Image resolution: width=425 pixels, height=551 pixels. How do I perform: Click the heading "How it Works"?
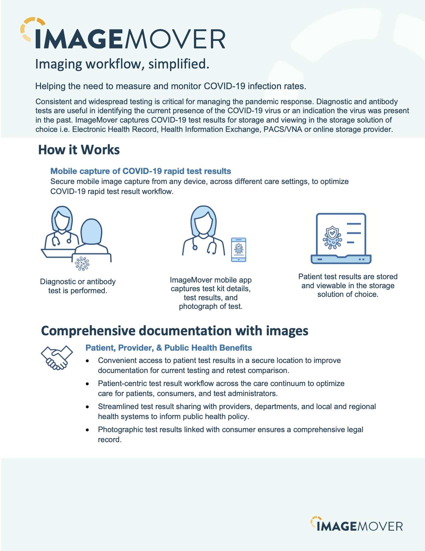pyautogui.click(x=79, y=150)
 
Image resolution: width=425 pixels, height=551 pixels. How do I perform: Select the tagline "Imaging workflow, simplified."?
pyautogui.click(x=122, y=64)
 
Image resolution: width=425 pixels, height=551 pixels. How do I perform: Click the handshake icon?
pyautogui.click(x=57, y=357)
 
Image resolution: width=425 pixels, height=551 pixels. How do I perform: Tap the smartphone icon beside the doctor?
pyautogui.click(x=239, y=250)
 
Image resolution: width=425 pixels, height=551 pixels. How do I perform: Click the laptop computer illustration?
pyautogui.click(x=341, y=238)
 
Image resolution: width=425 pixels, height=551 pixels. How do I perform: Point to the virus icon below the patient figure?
pyautogui.click(x=82, y=263)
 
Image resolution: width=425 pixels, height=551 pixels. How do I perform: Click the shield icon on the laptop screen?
pyautogui.click(x=333, y=233)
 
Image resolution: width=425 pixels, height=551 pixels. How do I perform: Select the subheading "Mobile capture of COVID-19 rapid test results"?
pyautogui.click(x=141, y=171)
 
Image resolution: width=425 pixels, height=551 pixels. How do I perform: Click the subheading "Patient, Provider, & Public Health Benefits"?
pyautogui.click(x=169, y=348)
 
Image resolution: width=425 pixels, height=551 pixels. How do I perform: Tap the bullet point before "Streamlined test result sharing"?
pyautogui.click(x=87, y=407)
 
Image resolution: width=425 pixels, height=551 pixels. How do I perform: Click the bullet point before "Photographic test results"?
pyautogui.click(x=87, y=430)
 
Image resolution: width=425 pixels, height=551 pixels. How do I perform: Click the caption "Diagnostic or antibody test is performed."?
pyautogui.click(x=78, y=286)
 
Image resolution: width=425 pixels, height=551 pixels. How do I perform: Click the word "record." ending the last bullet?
pyautogui.click(x=110, y=440)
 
